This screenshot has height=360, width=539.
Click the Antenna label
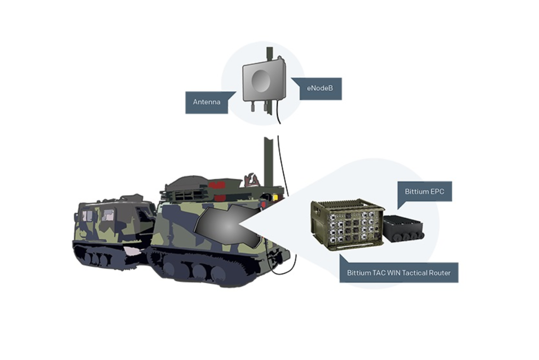tap(206, 102)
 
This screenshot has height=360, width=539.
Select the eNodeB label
tap(317, 89)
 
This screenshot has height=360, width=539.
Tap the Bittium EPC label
tap(424, 191)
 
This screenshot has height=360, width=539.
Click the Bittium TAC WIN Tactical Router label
tap(399, 273)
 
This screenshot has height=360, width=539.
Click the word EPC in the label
tap(438, 191)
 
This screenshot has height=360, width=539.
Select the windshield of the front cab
tap(96, 215)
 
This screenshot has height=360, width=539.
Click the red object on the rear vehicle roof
tap(217, 184)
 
